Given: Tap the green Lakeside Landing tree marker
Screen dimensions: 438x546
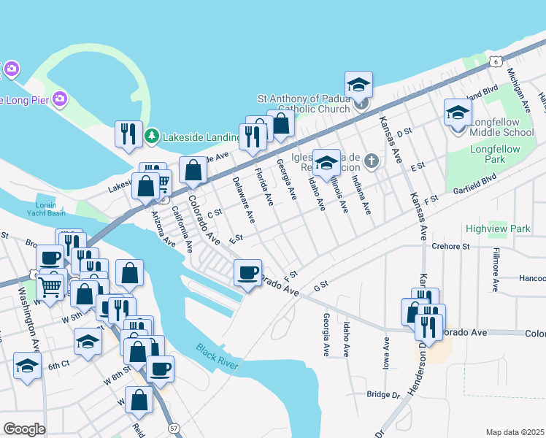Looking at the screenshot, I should [152, 135].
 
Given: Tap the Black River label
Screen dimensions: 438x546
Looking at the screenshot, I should [217, 357].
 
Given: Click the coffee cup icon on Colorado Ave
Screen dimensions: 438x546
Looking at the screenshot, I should [247, 272].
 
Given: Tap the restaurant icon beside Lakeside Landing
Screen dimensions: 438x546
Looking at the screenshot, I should [128, 134].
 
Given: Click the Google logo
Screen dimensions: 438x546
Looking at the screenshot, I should [24, 429].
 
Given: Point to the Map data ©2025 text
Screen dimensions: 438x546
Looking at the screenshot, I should [515, 432].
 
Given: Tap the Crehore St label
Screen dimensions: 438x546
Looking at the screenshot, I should [450, 247].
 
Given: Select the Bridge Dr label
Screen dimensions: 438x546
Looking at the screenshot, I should [384, 394].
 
